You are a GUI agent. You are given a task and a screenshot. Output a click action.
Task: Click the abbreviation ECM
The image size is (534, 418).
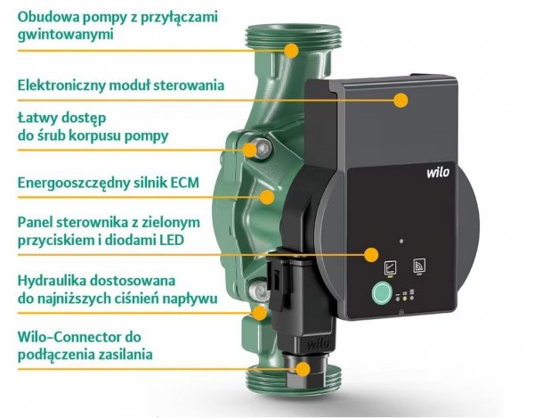click(178, 184)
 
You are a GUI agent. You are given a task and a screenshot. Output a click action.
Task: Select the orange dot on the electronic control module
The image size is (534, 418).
click(400, 101)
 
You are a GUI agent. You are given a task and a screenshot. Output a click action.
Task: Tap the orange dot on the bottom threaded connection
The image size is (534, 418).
click(303, 368)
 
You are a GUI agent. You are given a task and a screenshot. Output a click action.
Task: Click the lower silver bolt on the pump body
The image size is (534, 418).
click(257, 291)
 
